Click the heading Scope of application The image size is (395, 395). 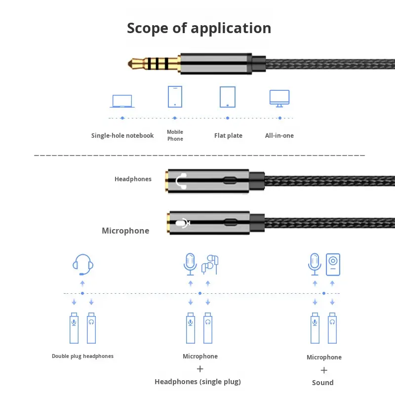coord(199,28)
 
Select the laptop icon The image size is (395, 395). coord(122,101)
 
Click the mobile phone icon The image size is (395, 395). coord(175,97)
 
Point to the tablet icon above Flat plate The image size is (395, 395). coord(228,97)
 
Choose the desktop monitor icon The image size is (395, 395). coord(279,98)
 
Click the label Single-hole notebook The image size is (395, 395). coord(122,135)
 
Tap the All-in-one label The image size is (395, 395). coord(279,135)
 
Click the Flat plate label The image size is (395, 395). coord(228,135)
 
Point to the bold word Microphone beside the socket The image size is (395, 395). coord(125,231)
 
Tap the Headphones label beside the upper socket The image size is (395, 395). coord(133,179)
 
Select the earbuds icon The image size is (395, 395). coord(210,265)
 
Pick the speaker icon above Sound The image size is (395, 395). coord(333,264)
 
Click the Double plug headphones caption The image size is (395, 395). coord(82,356)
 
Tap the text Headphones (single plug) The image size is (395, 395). coord(197,381)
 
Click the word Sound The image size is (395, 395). coord(323,382)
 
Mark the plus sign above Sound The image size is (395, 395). coord(324,370)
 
